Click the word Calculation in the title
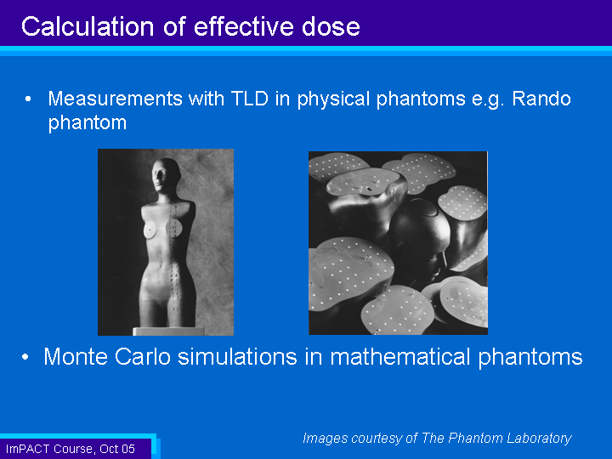coord(88,26)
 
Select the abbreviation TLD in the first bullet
coord(250,99)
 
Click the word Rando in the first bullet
coord(541,99)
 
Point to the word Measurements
coord(115,99)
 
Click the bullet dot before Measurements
coord(28,99)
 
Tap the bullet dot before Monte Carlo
coord(25,357)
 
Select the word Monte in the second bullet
coord(76,356)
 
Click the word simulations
coord(237,356)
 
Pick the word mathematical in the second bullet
coord(400,356)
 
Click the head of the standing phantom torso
coord(166,175)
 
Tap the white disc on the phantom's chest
coord(150,230)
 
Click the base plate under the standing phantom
coord(168,331)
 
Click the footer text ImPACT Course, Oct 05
coord(71,449)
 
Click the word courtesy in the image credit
coord(377,439)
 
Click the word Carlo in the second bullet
coord(143,356)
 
